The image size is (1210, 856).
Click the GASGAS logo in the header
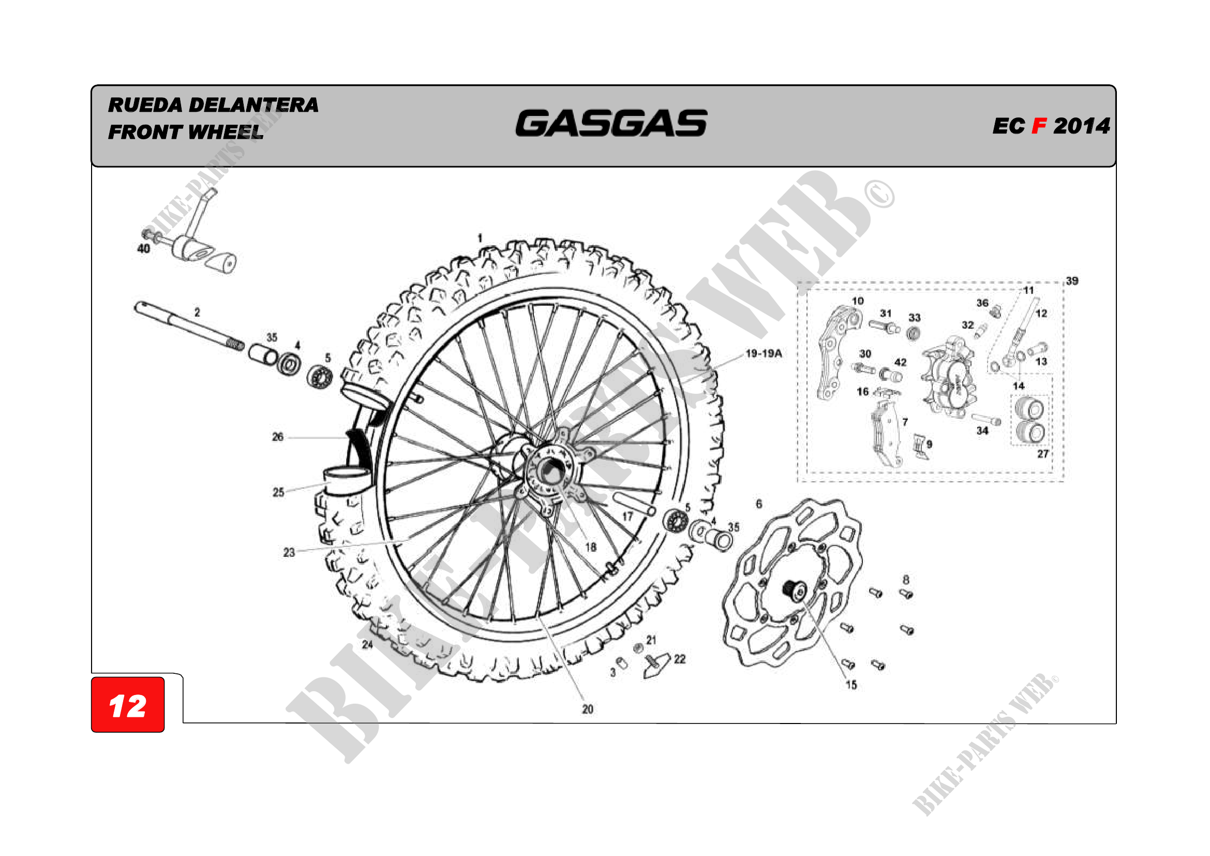point(611,123)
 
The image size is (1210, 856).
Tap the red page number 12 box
point(128,705)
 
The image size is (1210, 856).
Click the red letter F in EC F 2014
point(1039,126)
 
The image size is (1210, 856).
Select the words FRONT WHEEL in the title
point(186,132)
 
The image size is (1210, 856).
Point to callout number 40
point(143,248)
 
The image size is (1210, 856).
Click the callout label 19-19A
point(763,353)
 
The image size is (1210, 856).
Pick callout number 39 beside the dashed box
point(1072,281)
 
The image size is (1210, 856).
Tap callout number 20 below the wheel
point(588,710)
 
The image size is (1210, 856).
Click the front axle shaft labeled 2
point(189,325)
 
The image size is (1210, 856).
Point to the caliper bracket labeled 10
point(840,352)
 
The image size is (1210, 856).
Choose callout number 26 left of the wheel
point(278,437)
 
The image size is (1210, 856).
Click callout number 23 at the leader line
point(289,552)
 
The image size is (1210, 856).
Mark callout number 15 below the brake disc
point(851,685)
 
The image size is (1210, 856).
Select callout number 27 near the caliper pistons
point(1043,454)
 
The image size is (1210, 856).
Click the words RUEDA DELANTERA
point(213,105)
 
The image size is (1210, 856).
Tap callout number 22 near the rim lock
point(680,659)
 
